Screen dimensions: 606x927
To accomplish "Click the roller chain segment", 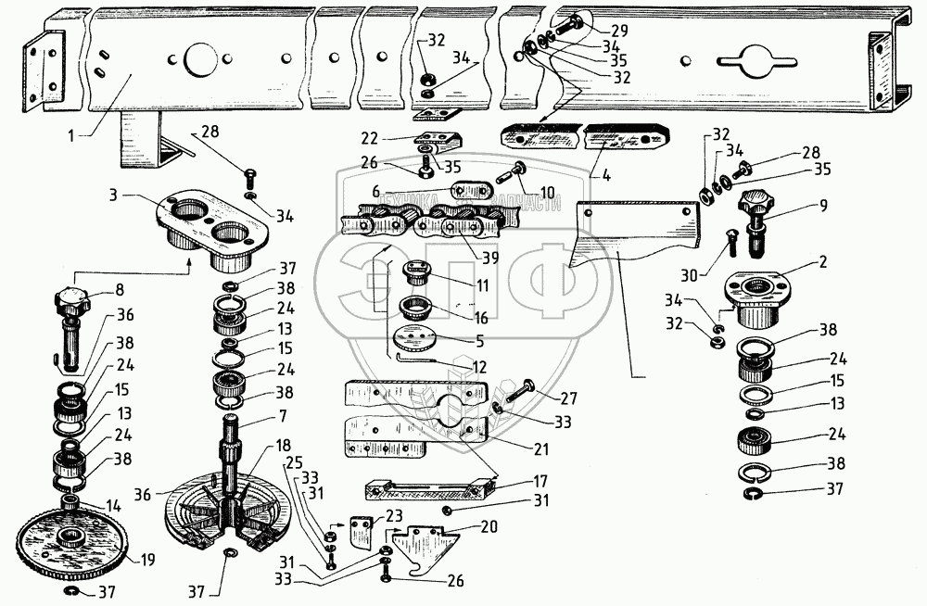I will pos(417,227).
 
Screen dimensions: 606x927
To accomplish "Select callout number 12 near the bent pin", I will pos(478,367).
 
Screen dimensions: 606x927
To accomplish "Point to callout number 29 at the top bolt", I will pos(619,31).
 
